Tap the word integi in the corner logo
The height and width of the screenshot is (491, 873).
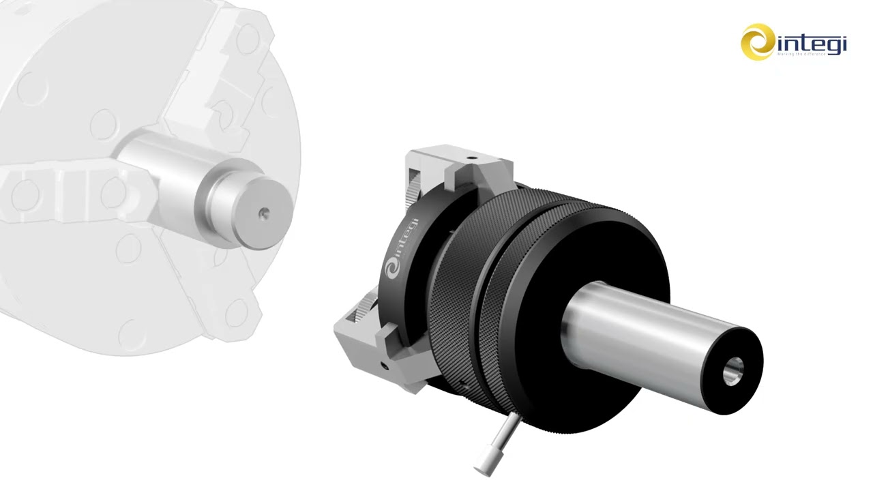[x=812, y=44]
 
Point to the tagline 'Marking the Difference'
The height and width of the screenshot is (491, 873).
[x=811, y=55]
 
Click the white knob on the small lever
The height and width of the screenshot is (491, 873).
[x=484, y=464]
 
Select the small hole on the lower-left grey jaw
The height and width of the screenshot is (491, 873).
[x=386, y=366]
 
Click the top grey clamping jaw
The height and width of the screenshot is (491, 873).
[x=464, y=167]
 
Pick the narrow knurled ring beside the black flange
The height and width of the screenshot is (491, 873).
[x=518, y=286]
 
